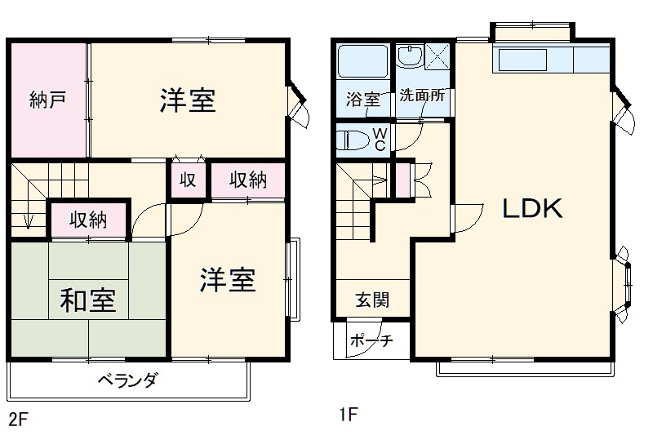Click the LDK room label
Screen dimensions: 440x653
[x=531, y=209]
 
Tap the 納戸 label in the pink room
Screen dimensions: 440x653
[x=47, y=100]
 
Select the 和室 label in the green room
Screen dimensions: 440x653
[x=87, y=300]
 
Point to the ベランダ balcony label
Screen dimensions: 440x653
[x=127, y=380]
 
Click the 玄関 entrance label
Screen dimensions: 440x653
[x=371, y=300]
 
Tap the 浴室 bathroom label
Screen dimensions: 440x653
[x=363, y=100]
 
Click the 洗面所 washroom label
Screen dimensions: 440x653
[x=422, y=95]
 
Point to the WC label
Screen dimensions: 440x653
[x=380, y=140]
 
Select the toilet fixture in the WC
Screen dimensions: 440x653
[x=353, y=138]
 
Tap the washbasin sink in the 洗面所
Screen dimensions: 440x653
[x=408, y=56]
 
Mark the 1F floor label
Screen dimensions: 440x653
[x=349, y=414]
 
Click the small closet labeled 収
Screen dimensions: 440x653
[x=188, y=180]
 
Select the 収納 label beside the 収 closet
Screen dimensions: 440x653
[x=247, y=180]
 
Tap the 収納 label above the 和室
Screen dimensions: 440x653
[x=88, y=220]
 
